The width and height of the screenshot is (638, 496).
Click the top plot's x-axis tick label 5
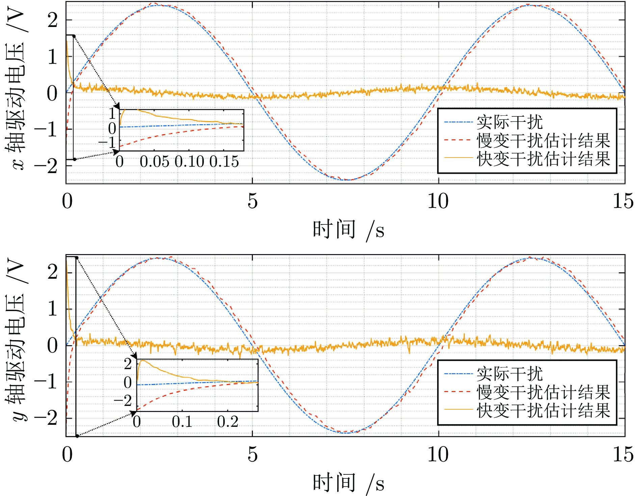tap(252, 201)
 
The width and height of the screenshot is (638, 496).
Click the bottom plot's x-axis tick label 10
tap(438, 454)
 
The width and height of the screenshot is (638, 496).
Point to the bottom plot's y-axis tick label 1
tap(52, 309)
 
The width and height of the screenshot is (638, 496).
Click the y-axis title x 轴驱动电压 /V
tap(15, 89)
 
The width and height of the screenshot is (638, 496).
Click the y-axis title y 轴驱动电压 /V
tap(15, 341)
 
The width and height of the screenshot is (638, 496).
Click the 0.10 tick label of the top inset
tap(189, 162)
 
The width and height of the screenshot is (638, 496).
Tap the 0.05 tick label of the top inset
tap(155, 162)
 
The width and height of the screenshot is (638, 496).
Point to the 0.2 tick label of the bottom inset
tap(228, 421)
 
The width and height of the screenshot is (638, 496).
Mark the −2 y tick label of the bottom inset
tap(123, 401)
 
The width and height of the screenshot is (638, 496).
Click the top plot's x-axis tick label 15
tap(623, 201)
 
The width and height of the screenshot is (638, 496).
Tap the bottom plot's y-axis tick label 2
tap(52, 272)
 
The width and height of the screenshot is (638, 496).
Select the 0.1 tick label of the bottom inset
tap(182, 421)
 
